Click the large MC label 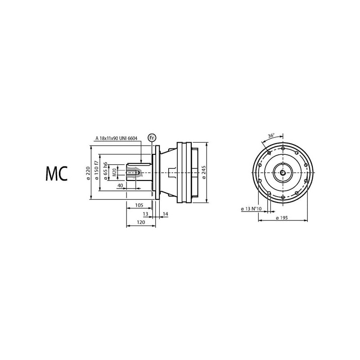point(57,174)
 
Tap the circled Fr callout point(152,138)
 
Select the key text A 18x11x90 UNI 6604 point(117,138)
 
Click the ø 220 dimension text point(88,174)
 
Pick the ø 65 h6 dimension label point(105,171)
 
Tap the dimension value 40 point(120,185)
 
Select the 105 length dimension point(139,205)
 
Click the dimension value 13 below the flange point(145,214)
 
